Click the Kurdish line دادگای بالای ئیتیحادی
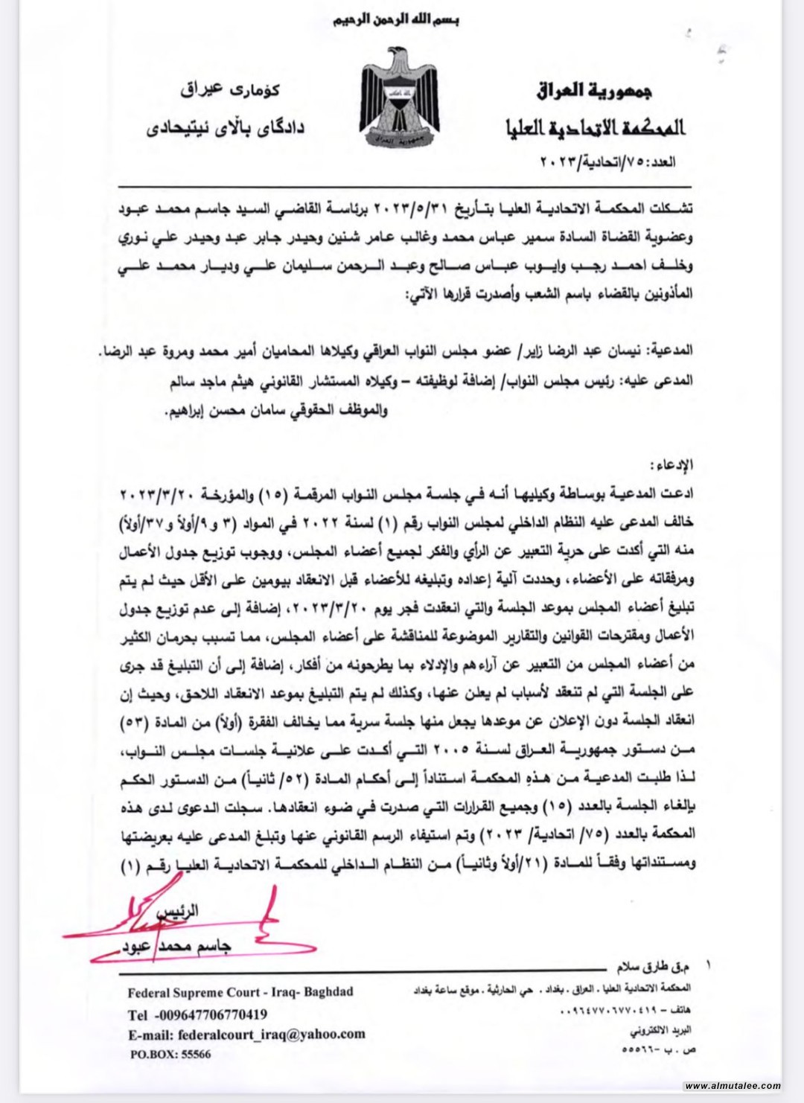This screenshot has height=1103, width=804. [x=225, y=127]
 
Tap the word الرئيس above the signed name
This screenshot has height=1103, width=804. [x=183, y=910]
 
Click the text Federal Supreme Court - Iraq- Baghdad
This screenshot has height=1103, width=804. [x=240, y=992]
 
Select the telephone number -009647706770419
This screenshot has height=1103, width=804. [x=211, y=1014]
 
